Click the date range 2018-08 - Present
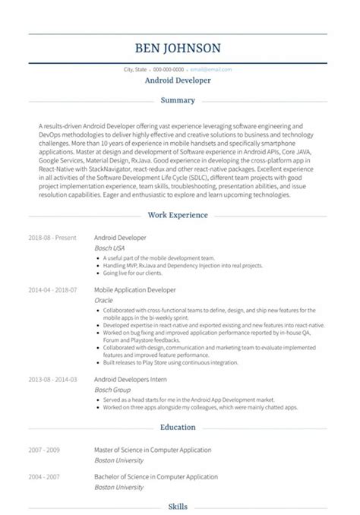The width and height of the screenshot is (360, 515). (52, 238)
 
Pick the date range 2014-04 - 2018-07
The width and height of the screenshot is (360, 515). (52, 290)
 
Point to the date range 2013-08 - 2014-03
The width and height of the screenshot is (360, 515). (52, 379)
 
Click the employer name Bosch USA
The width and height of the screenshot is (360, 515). (109, 248)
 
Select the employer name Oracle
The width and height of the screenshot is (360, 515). (103, 300)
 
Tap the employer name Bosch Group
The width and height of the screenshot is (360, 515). (111, 389)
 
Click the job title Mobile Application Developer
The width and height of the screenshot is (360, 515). (134, 290)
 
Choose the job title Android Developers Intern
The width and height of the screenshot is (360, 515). (130, 379)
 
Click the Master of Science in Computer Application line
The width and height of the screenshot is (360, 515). (153, 450)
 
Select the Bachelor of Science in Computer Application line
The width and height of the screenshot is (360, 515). (155, 476)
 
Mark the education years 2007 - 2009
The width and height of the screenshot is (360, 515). (43, 450)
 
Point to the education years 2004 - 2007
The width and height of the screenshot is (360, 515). (43, 476)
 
